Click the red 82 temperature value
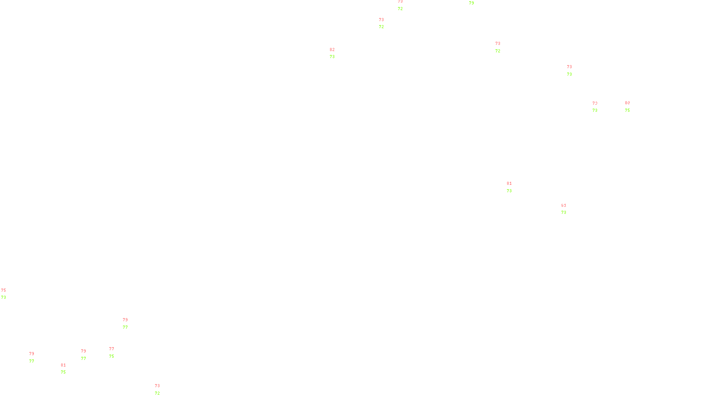332,50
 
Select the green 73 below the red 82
332,57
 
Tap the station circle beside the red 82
337,53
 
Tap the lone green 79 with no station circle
471,3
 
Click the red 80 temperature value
627,103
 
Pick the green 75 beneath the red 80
627,110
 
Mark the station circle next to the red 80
632,106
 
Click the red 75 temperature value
4,290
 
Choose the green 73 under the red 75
4,297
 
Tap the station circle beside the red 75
8,294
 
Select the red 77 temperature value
112,349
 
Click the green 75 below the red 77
112,356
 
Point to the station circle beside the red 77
116,352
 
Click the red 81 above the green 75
63,365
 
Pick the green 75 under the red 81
63,372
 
